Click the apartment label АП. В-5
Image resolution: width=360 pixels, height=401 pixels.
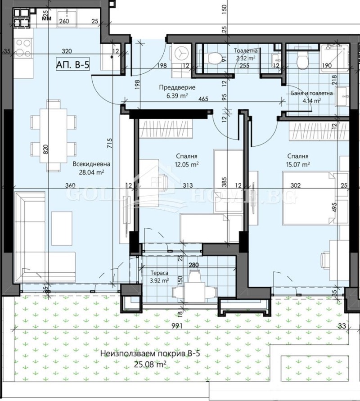coord(73,64)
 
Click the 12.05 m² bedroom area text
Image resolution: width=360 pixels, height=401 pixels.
coord(187,164)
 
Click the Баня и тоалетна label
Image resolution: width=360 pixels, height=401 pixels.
coord(312,93)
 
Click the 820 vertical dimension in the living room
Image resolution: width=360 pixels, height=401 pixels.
coord(45,149)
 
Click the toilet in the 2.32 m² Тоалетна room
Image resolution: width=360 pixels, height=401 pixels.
coord(211,58)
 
